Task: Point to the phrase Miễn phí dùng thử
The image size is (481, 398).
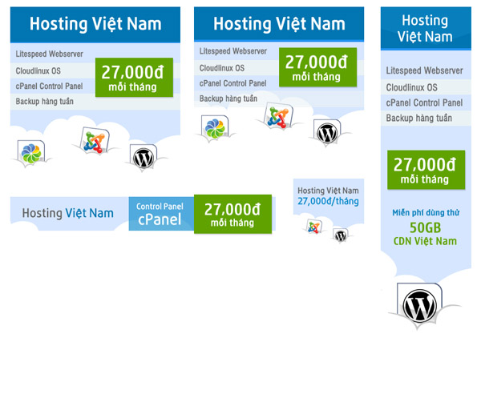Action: coord(425,211)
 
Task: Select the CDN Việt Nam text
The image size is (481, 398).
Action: coord(425,240)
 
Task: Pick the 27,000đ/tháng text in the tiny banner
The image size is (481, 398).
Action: coord(328,202)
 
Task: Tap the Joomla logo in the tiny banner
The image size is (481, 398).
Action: coord(314,227)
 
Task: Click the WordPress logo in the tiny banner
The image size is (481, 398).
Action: coord(341,235)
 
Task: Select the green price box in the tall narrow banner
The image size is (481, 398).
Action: coord(426,171)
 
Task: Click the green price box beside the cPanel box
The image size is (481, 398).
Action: coord(232,214)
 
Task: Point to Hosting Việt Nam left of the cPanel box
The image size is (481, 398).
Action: coord(68,213)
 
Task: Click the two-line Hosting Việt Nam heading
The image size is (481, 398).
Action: coord(425,29)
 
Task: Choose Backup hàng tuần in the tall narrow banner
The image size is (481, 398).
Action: coord(416,118)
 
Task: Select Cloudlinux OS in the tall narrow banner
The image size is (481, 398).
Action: coord(412,87)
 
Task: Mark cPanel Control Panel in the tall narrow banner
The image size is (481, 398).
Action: coord(424,103)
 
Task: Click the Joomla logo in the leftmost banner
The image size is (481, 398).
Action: coord(95,142)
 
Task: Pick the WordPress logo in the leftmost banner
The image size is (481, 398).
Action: coord(143,157)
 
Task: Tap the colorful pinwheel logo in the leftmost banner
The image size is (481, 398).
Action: coord(30,151)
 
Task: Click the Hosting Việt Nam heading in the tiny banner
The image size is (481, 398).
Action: coord(328,191)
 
